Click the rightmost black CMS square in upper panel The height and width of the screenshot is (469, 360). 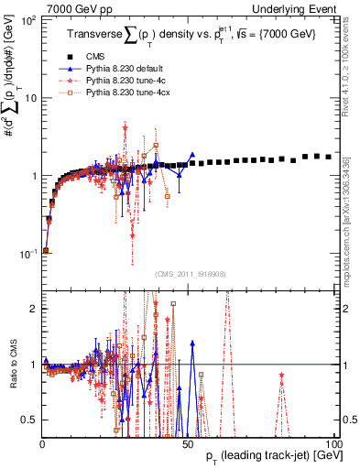329,157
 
